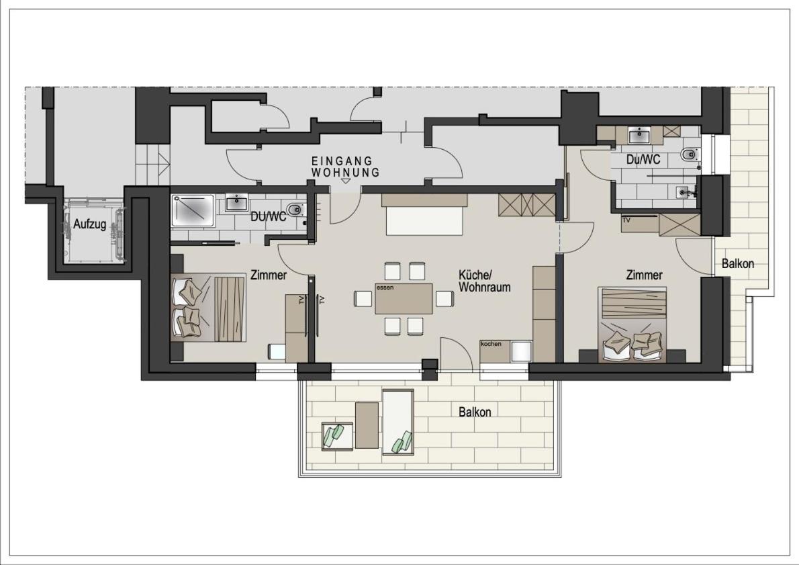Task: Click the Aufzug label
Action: pyautogui.click(x=90, y=224)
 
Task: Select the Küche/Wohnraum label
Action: pyautogui.click(x=484, y=281)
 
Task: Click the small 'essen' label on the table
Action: pyautogui.click(x=385, y=288)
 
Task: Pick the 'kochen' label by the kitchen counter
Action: pyautogui.click(x=491, y=344)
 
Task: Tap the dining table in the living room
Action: pyautogui.click(x=404, y=298)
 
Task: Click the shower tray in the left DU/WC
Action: pyautogui.click(x=193, y=210)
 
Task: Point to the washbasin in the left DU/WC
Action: pyautogui.click(x=236, y=202)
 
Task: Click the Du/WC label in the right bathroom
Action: pyautogui.click(x=643, y=160)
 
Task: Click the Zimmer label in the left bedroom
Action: pyautogui.click(x=269, y=275)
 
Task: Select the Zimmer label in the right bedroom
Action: pyautogui.click(x=644, y=275)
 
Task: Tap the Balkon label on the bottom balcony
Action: pyautogui.click(x=475, y=412)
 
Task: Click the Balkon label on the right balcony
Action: pyautogui.click(x=738, y=263)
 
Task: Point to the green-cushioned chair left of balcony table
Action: pyautogui.click(x=337, y=437)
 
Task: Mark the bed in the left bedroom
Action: pyautogui.click(x=209, y=308)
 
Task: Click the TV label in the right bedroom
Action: pyautogui.click(x=626, y=220)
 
